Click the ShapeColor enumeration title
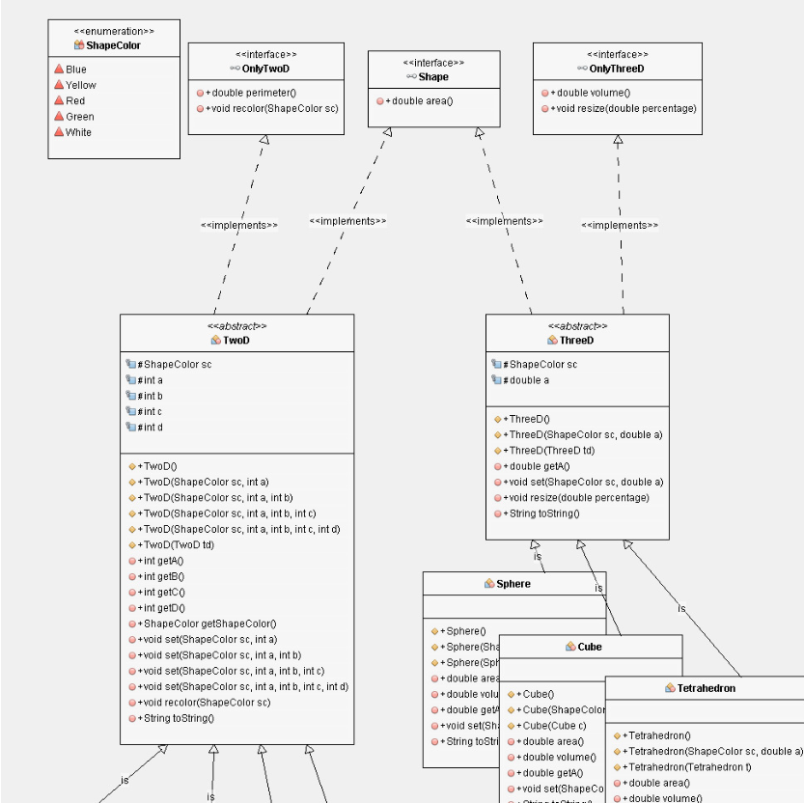(113, 45)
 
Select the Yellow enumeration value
(80, 85)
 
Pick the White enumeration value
(78, 132)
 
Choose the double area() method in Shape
(419, 101)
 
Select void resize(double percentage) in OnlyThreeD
(622, 108)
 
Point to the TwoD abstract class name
(236, 340)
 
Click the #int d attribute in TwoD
(149, 428)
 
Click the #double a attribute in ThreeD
(528, 380)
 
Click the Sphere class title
(513, 584)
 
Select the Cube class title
(589, 647)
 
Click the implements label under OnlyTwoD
(238, 225)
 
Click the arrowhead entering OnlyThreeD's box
(618, 141)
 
